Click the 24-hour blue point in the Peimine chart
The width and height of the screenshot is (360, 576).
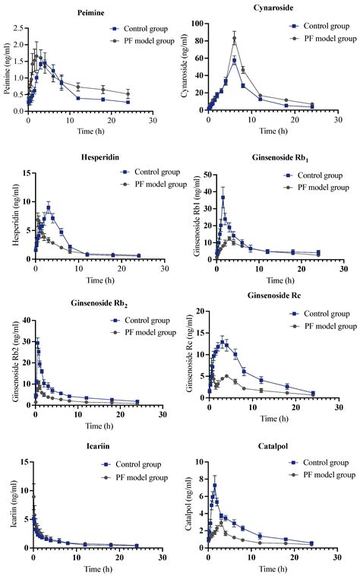pos(128,102)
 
